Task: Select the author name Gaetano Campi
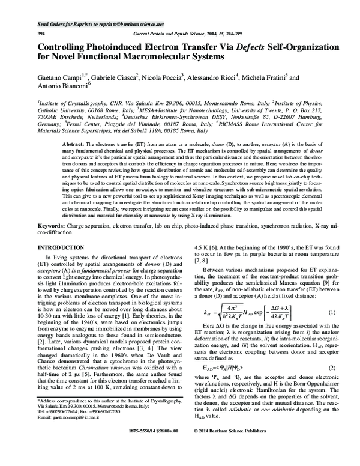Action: (x=59, y=77)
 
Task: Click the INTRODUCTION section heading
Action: (x=65, y=247)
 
